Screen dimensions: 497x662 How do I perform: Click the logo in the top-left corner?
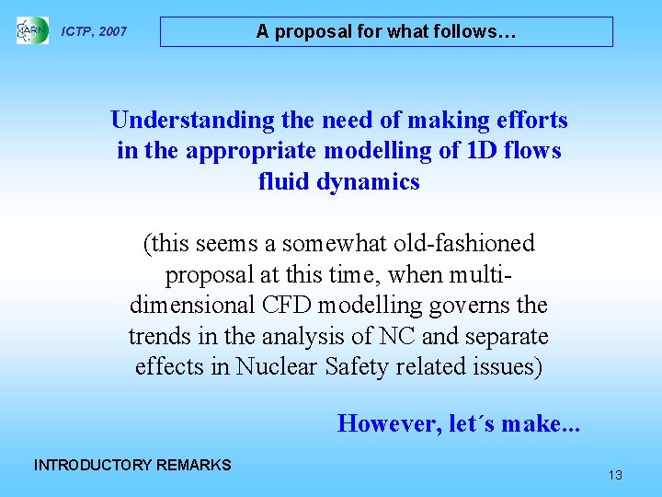click(32, 31)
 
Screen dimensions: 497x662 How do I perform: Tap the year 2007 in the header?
click(112, 32)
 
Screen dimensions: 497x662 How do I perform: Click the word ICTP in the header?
click(76, 32)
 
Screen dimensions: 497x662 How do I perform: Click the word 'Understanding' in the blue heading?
click(192, 121)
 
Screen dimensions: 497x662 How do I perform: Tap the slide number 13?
click(615, 475)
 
